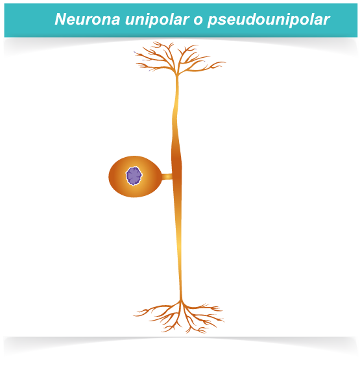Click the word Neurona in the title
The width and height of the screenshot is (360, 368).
(x=88, y=19)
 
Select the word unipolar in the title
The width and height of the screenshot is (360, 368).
(x=157, y=19)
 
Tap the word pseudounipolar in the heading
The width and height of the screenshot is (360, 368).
(x=269, y=19)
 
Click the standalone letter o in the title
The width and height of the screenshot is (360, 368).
(x=198, y=21)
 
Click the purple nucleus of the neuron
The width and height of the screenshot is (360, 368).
(x=134, y=176)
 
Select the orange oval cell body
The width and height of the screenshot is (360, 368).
(x=135, y=177)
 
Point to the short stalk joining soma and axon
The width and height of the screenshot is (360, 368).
(x=167, y=177)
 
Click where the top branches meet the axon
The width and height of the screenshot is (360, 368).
(x=177, y=75)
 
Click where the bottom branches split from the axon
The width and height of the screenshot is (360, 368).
(x=181, y=301)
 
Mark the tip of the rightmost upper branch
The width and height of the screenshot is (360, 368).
(x=226, y=62)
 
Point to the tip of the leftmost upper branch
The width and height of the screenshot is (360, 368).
(x=134, y=52)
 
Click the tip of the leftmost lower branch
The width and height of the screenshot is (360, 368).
(x=134, y=316)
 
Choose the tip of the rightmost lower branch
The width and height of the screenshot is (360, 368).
(x=224, y=321)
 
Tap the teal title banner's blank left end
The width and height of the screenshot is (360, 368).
(x=28, y=20)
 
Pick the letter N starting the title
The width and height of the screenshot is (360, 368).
(x=60, y=19)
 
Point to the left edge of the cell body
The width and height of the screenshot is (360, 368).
(x=109, y=177)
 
